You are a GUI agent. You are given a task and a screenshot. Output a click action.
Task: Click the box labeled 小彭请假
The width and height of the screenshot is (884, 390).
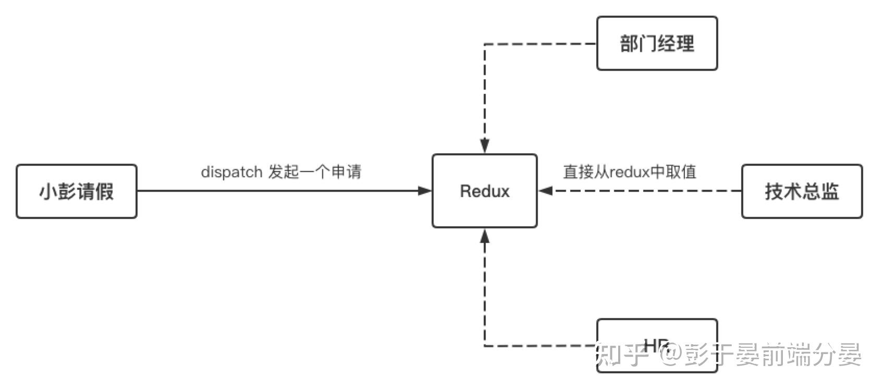tap(77, 191)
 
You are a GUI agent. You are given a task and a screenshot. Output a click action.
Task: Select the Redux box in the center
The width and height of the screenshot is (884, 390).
tap(484, 191)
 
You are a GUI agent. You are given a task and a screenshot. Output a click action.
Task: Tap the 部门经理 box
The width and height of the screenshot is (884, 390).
tap(657, 43)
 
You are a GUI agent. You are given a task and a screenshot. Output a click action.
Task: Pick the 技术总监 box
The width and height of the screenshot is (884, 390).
tap(802, 191)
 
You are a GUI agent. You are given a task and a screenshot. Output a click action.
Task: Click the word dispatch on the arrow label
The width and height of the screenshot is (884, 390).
tap(231, 172)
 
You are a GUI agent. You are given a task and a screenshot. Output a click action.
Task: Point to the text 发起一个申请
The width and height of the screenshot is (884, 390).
tap(314, 172)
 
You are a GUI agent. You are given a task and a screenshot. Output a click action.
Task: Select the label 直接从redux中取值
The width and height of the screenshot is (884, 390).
tap(629, 172)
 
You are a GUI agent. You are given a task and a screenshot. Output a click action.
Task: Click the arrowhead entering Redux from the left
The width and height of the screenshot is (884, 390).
tap(425, 191)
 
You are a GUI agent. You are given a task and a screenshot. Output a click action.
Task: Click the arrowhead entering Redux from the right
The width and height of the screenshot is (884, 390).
tap(545, 191)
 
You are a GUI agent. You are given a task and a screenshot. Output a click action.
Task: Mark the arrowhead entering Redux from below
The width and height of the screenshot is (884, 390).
tap(485, 236)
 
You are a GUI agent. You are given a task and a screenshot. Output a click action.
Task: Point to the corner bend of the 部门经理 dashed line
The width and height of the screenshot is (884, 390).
tap(485, 44)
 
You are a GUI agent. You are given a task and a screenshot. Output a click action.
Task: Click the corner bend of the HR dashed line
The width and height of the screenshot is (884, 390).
tap(485, 346)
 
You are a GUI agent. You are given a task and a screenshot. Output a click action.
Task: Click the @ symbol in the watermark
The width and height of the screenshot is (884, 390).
tap(669, 355)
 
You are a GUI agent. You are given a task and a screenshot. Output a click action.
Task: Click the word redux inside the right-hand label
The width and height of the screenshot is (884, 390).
tap(629, 172)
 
